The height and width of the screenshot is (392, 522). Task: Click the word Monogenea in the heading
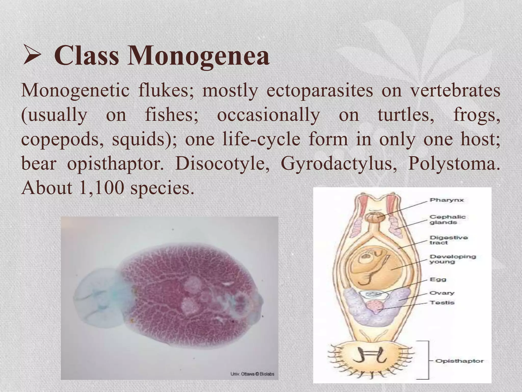pyautogui.click(x=198, y=55)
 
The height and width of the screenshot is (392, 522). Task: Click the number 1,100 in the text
pyautogui.click(x=101, y=188)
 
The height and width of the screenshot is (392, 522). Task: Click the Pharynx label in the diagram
pyautogui.click(x=447, y=200)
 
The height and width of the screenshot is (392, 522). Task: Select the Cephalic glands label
pyautogui.click(x=447, y=219)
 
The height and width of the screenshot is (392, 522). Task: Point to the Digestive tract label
pyautogui.click(x=449, y=240)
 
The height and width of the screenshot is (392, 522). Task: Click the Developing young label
pyautogui.click(x=453, y=259)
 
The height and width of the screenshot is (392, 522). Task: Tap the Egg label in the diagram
pyautogui.click(x=438, y=279)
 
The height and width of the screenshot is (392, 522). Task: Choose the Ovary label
pyautogui.click(x=442, y=293)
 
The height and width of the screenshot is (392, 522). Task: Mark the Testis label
pyautogui.click(x=442, y=303)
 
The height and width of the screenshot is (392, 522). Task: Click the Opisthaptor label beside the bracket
pyautogui.click(x=459, y=361)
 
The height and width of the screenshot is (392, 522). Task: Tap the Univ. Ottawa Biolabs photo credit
pyautogui.click(x=252, y=374)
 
